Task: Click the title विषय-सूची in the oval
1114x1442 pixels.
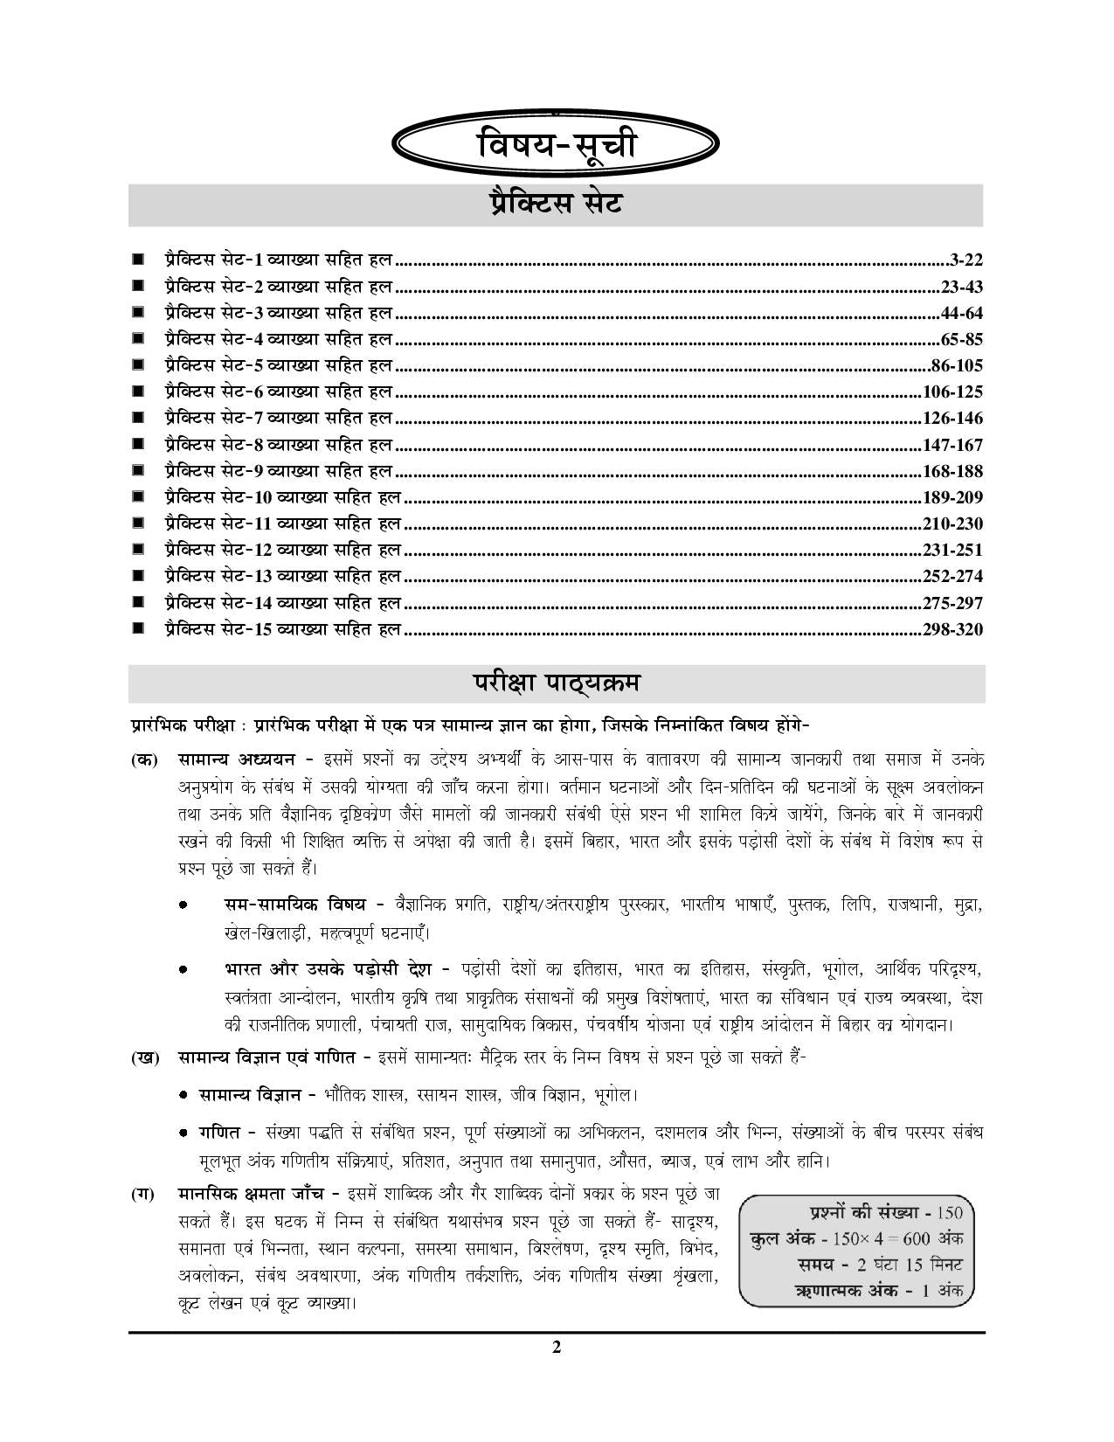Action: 557,145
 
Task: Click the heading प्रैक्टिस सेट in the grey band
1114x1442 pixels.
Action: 556,205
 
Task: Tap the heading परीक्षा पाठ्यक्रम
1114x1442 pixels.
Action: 556,683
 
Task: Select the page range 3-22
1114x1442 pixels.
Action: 965,260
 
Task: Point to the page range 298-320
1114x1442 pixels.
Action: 952,629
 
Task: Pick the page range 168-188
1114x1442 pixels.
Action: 952,471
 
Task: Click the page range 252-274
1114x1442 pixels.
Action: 952,577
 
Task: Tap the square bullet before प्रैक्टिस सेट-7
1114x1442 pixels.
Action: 138,418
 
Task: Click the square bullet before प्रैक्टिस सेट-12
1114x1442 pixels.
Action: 138,550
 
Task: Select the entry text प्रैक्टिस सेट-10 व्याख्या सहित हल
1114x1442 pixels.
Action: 282,497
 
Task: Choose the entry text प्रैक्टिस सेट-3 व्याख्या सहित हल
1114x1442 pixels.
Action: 278,312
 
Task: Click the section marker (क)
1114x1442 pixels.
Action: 144,759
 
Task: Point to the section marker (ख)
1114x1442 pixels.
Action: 145,1057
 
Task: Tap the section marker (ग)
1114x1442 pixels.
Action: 144,1193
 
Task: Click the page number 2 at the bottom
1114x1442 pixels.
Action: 557,1347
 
